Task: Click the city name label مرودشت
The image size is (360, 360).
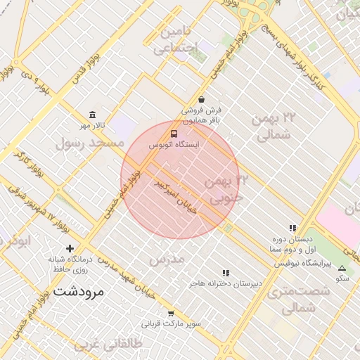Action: pyautogui.click(x=78, y=290)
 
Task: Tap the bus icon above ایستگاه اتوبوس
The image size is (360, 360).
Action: pyautogui.click(x=173, y=133)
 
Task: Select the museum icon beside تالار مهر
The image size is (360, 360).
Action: pyautogui.click(x=92, y=115)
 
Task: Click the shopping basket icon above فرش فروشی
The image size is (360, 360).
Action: pyautogui.click(x=202, y=100)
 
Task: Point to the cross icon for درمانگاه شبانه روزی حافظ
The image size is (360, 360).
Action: pyautogui.click(x=70, y=248)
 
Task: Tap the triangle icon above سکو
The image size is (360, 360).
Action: pyautogui.click(x=342, y=268)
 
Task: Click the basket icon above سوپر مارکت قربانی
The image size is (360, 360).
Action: pyautogui.click(x=171, y=314)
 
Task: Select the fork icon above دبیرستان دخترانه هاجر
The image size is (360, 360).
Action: pyautogui.click(x=225, y=273)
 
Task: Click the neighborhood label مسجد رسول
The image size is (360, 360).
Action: pyautogui.click(x=89, y=143)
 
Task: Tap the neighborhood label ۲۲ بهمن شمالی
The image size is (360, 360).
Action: pyautogui.click(x=269, y=127)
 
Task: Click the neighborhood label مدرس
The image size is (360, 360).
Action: pyautogui.click(x=167, y=259)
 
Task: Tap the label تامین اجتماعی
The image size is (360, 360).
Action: pyautogui.click(x=177, y=40)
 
